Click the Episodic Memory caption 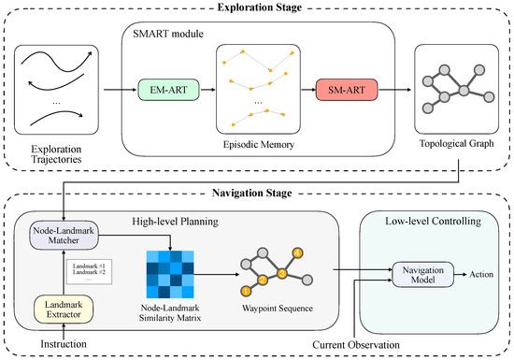259,144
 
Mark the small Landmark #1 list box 86,272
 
